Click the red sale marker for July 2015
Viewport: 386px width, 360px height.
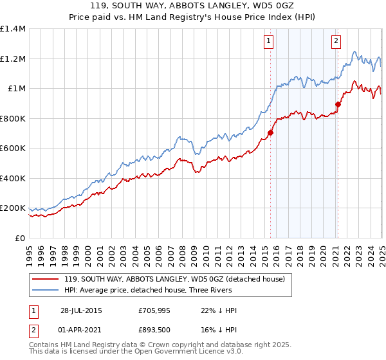click(271, 133)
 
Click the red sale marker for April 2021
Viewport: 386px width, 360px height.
click(338, 104)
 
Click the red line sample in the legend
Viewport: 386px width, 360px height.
click(45, 279)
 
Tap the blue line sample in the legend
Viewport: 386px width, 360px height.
click(45, 291)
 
